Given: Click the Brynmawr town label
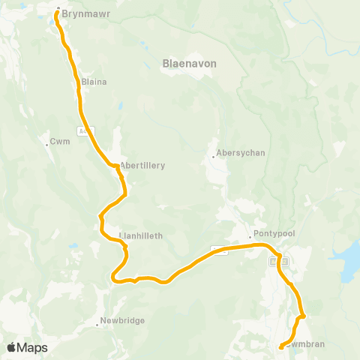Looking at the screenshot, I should [83, 13].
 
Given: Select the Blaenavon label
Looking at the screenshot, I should [189, 64].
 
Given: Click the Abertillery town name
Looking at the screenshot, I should [142, 165].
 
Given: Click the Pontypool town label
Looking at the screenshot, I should [274, 233].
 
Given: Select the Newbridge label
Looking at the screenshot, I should [123, 320].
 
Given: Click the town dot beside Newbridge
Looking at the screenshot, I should [98, 325].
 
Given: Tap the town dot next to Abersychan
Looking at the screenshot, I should [213, 157].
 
